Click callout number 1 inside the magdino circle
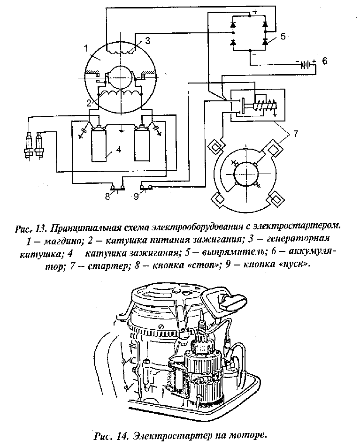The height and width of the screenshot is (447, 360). tap(86, 48)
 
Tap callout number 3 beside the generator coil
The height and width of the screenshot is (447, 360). tap(147, 41)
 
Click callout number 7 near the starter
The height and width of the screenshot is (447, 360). tap(296, 134)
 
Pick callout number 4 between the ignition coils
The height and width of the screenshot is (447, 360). tap(119, 150)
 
